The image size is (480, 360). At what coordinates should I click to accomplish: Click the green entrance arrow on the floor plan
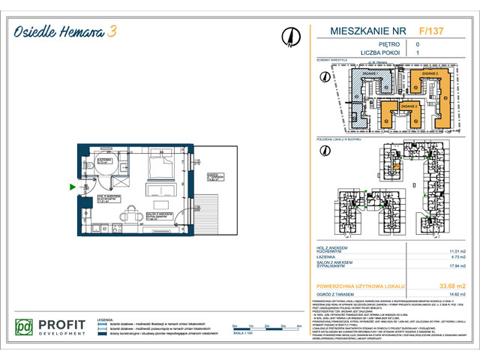[72, 187]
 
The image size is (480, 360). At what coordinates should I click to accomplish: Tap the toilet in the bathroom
[89, 167]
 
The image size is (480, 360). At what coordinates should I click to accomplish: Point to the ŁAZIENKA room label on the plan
[104, 160]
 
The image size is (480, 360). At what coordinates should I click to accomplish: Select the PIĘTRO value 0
[418, 45]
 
